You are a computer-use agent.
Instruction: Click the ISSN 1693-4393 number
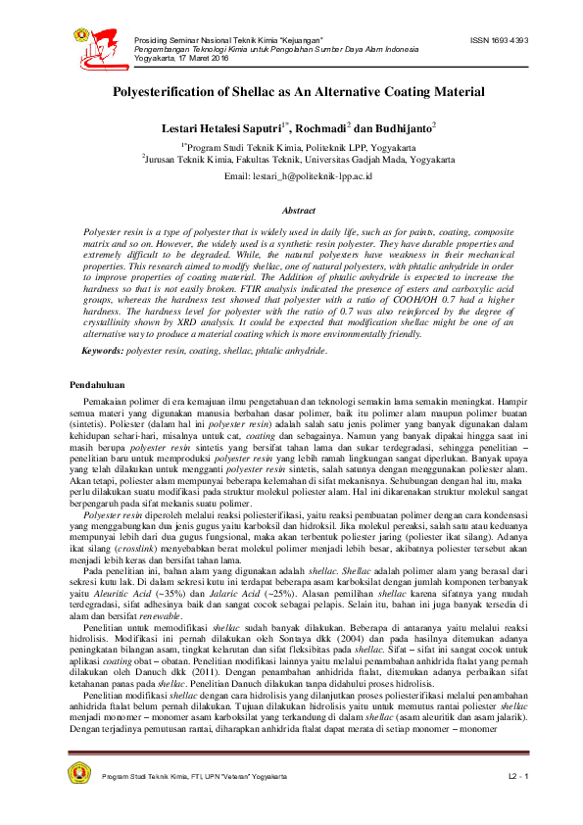pyautogui.click(x=500, y=40)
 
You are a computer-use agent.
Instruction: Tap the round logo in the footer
pyautogui.click(x=79, y=774)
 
